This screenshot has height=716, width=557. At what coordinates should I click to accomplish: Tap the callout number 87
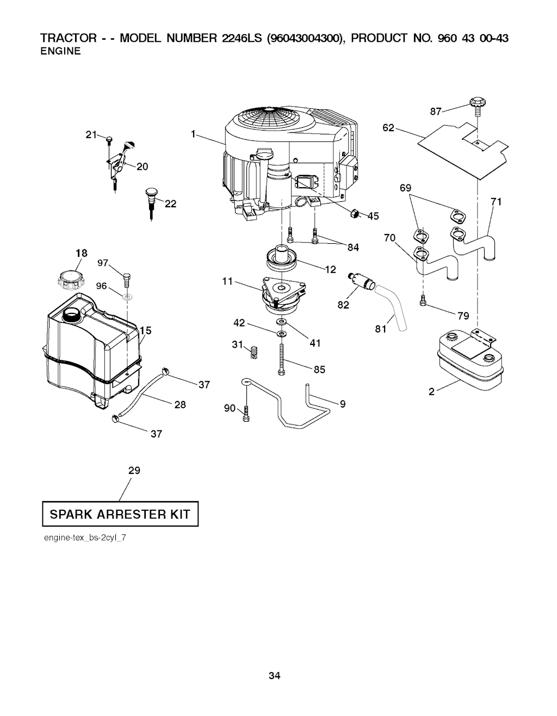436,112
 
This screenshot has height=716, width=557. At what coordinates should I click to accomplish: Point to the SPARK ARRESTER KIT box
120,514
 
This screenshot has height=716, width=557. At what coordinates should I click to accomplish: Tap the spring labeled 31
252,352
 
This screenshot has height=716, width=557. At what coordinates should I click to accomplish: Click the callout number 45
373,216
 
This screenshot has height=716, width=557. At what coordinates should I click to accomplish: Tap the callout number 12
330,269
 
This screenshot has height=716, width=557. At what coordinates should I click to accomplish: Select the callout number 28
180,404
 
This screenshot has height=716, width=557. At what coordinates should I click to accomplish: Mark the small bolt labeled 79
423,300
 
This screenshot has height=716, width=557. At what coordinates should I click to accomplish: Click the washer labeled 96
127,298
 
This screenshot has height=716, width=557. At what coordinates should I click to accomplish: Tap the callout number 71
496,202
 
